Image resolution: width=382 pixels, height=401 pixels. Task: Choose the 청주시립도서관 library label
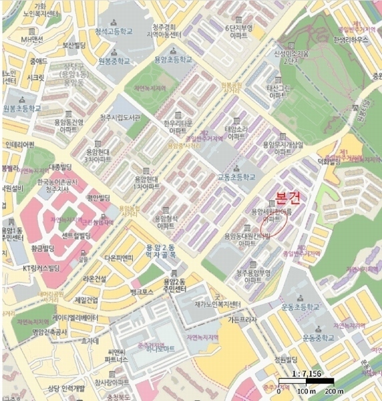click(x=120, y=118)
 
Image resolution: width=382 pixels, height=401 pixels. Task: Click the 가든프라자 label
click(x=242, y=319)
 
